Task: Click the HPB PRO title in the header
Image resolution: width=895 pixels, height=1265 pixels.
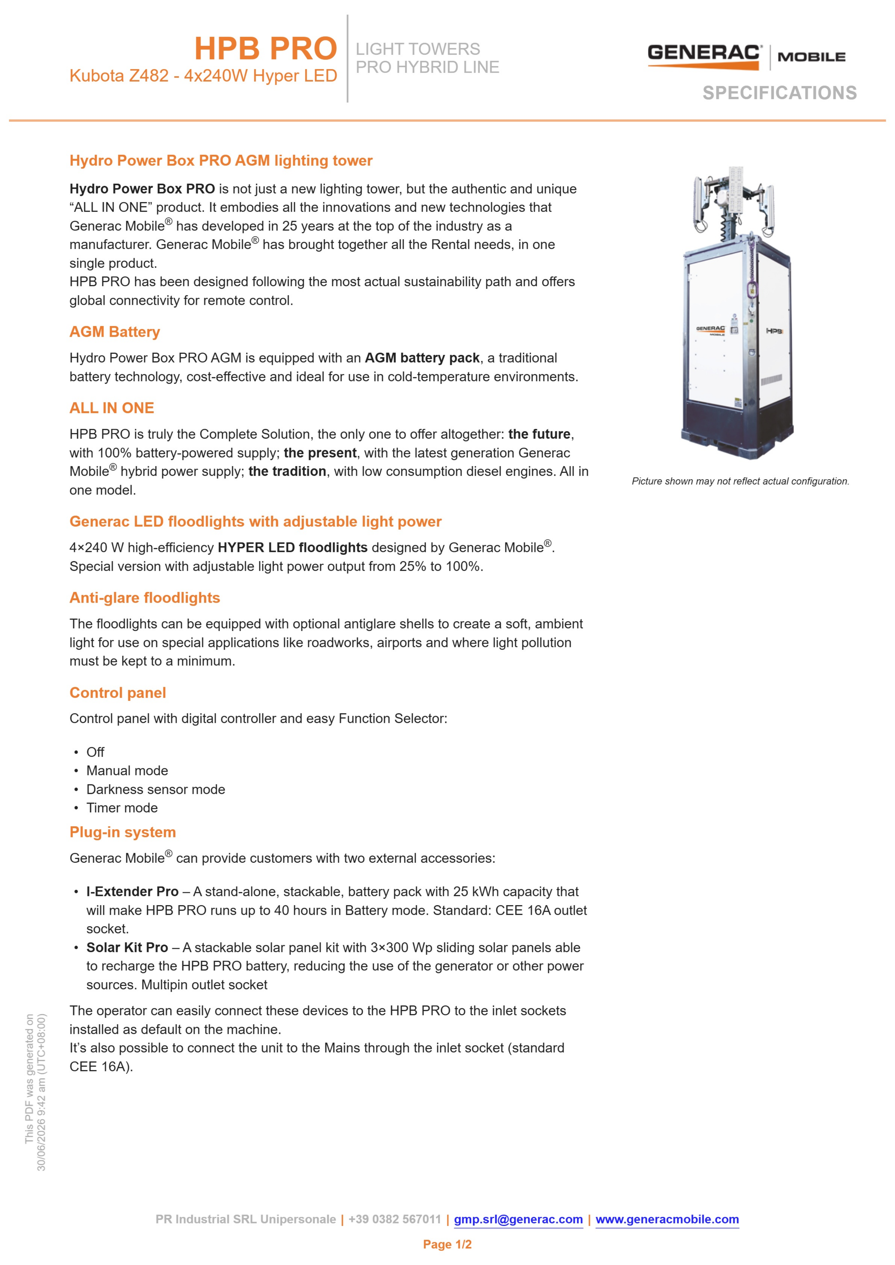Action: tap(266, 48)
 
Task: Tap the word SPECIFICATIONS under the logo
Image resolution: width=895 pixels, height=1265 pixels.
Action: tap(779, 93)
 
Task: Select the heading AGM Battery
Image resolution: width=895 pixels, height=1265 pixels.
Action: tap(115, 332)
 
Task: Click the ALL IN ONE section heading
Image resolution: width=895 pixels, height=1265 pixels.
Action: tap(112, 408)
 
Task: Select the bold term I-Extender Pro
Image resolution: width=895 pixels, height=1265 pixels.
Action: tap(132, 891)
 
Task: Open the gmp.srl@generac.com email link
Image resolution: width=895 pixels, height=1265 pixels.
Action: tap(518, 1219)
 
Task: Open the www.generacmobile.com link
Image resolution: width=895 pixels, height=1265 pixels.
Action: tap(668, 1219)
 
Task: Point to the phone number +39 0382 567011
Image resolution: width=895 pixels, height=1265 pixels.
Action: tap(395, 1219)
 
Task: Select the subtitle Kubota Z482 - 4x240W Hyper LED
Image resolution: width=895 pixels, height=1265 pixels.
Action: tap(203, 76)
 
